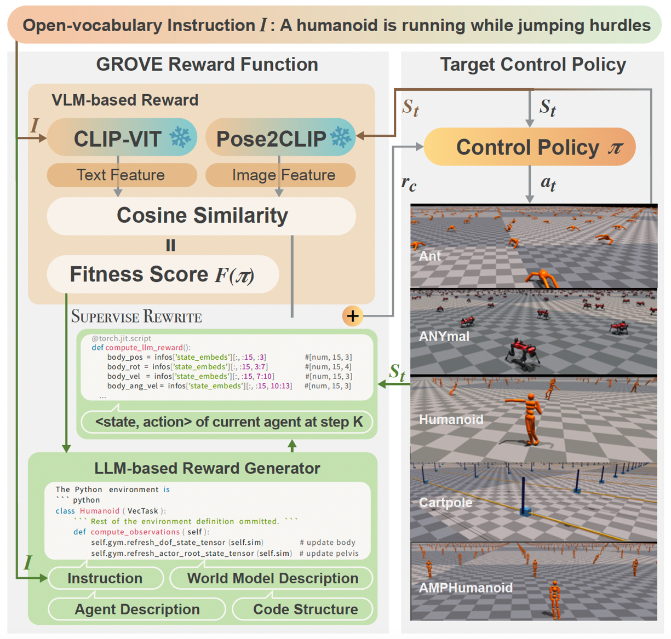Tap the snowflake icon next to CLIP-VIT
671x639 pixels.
point(180,137)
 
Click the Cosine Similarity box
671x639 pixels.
point(202,216)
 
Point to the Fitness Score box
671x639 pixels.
point(163,274)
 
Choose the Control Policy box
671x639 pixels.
point(529,147)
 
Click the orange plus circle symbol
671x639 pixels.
point(353,316)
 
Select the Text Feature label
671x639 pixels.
point(122,175)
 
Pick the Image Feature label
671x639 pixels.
point(280,175)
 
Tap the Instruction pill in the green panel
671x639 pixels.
point(105,578)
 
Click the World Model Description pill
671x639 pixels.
point(272,578)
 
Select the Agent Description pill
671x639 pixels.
point(137,609)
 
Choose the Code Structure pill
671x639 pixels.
point(305,609)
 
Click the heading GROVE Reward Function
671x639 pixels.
point(207,65)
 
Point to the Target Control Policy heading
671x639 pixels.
point(533,65)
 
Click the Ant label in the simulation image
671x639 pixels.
point(430,256)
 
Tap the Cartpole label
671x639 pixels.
point(445,503)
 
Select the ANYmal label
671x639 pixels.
point(444,336)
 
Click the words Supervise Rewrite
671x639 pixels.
point(136,316)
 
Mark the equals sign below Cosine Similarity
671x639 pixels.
point(171,245)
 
